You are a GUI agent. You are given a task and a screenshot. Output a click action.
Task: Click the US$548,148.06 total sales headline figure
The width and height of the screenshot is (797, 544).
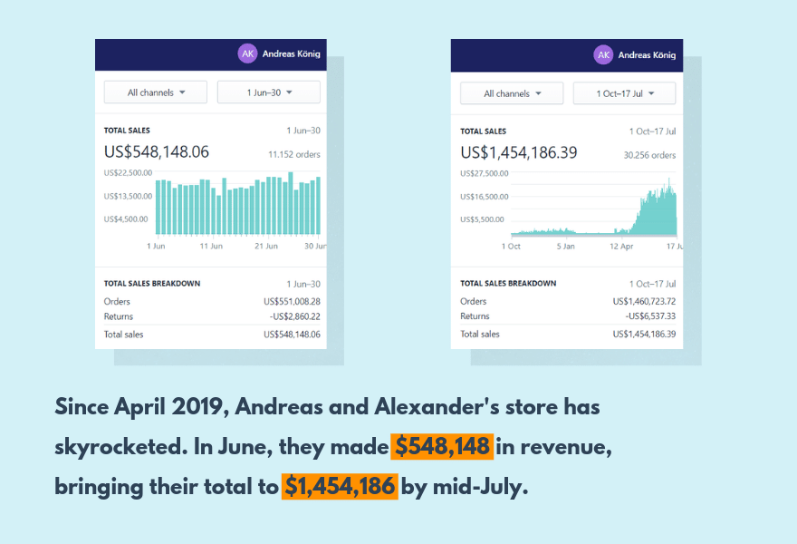pyautogui.click(x=157, y=152)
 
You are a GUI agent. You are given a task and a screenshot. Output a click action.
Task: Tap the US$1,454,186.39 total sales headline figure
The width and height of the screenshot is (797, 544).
pyautogui.click(x=519, y=152)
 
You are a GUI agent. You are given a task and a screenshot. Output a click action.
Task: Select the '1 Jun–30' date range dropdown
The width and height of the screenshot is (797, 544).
pyautogui.click(x=269, y=92)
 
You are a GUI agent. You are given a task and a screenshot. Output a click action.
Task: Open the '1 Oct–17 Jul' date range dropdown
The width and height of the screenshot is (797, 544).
pyautogui.click(x=625, y=93)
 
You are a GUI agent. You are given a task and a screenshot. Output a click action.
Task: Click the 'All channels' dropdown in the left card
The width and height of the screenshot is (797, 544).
pyautogui.click(x=156, y=92)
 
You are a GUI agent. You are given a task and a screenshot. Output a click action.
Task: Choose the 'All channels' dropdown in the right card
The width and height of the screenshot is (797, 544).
pyautogui.click(x=512, y=93)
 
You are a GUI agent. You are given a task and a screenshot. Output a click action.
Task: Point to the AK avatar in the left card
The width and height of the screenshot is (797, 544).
pyautogui.click(x=247, y=53)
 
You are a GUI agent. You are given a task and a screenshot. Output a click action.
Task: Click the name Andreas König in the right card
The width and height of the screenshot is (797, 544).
pyautogui.click(x=647, y=54)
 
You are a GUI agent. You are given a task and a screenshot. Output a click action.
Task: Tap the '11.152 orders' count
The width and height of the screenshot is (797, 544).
pyautogui.click(x=294, y=155)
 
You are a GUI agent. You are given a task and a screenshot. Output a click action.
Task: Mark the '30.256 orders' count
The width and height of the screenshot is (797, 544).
pyautogui.click(x=650, y=155)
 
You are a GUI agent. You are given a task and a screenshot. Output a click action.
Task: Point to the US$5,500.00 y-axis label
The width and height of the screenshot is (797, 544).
pyautogui.click(x=485, y=219)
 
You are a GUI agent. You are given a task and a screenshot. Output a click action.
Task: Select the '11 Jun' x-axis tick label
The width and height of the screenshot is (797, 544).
pyautogui.click(x=211, y=246)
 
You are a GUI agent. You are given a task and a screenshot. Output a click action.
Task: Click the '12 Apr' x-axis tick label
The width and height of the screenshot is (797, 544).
pyautogui.click(x=620, y=246)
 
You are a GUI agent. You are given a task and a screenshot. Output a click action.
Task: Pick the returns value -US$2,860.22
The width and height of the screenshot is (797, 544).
pyautogui.click(x=292, y=316)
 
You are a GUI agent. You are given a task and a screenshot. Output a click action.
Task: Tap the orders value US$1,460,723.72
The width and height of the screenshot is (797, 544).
pyautogui.click(x=644, y=301)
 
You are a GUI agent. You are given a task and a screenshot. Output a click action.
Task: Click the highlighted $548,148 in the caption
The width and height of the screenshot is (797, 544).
pyautogui.click(x=442, y=447)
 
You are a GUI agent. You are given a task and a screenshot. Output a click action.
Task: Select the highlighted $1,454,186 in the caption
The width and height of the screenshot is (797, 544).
pyautogui.click(x=340, y=487)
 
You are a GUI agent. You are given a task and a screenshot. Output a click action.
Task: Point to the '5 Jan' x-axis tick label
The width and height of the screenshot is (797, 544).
pyautogui.click(x=566, y=246)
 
